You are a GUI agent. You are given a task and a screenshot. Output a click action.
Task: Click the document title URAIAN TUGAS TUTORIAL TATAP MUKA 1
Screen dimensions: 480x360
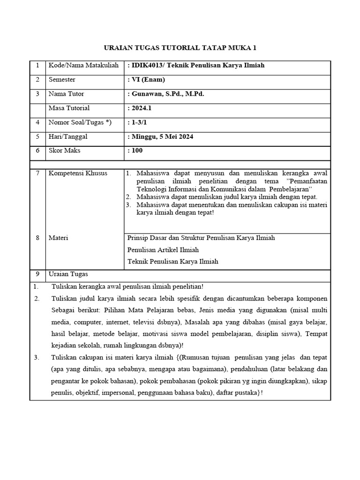180,48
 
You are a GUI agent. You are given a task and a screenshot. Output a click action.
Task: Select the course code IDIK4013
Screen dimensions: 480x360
147,65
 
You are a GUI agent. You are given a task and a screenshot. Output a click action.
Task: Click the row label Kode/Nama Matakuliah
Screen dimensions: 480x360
82,65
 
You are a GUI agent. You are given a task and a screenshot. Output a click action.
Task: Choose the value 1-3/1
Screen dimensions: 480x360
137,122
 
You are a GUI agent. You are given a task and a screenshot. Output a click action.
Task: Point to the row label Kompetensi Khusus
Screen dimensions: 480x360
78,173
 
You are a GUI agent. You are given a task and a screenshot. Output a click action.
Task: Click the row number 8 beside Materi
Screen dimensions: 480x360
37,238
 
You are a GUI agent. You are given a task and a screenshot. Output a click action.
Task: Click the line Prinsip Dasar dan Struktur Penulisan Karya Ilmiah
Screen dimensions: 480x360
201,238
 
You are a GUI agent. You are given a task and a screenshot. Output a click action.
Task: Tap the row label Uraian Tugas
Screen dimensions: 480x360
68,274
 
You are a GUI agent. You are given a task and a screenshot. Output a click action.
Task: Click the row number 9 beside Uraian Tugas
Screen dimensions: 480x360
37,274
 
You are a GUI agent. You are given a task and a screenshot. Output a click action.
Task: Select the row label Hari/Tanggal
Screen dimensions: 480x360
68,136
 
